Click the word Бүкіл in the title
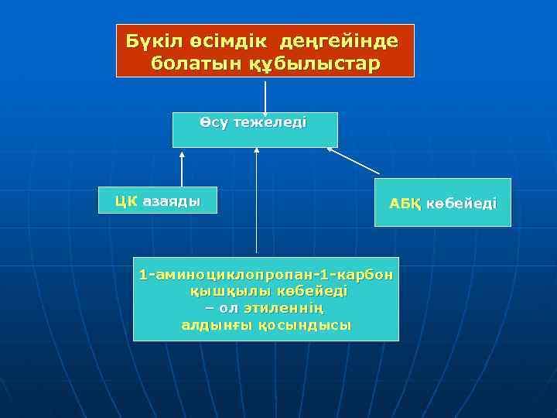[150, 39]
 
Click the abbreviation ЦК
[126, 201]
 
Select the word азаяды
[171, 201]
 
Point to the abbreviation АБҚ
[405, 204]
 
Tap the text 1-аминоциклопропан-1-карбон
[266, 275]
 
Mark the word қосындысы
[305, 325]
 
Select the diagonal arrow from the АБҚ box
[354, 160]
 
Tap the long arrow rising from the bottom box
[256, 201]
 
